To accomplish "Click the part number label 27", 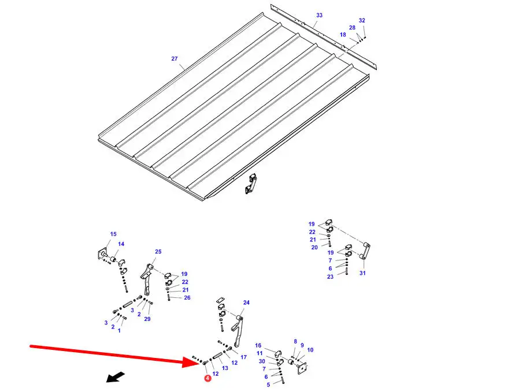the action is [x=175, y=59].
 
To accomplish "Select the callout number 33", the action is [x=319, y=15].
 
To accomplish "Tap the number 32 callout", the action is [x=362, y=20].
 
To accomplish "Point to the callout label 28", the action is [x=352, y=28].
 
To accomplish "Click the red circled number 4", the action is [x=208, y=379].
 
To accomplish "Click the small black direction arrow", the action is [x=115, y=377].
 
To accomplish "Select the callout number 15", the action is [x=113, y=234].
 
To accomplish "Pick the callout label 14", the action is [x=121, y=244].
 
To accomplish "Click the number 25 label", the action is [x=158, y=252].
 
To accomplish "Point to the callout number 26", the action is [x=187, y=298].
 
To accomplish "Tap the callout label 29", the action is [x=147, y=319].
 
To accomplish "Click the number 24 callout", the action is [x=246, y=303].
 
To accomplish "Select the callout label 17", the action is [x=243, y=357].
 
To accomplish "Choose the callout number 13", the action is [x=225, y=368].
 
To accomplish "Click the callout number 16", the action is [x=258, y=345].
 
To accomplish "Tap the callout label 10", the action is [x=310, y=350].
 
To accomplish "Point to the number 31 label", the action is [x=362, y=273].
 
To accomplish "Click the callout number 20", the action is [x=314, y=248].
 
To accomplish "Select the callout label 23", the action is [x=330, y=277].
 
